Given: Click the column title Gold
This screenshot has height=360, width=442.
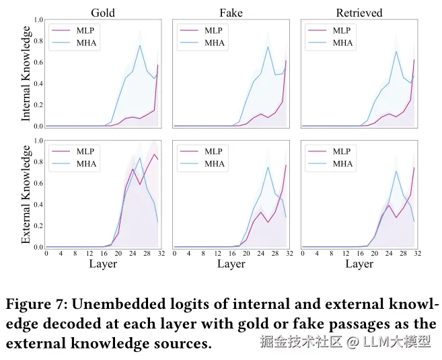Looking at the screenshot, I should click(102, 12).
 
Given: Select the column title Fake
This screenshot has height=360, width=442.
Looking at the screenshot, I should click(231, 12).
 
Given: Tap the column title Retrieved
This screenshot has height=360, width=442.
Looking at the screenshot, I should click(359, 12).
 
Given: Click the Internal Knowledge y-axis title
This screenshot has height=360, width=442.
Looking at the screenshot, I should click(26, 73).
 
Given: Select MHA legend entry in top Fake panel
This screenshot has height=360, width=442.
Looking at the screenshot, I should click(215, 43).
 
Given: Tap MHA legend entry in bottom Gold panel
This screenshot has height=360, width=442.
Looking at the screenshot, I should click(87, 164).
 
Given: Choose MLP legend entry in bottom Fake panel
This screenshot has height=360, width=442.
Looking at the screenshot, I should click(215, 151).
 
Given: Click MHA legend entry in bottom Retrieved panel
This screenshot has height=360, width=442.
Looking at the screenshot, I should click(342, 164).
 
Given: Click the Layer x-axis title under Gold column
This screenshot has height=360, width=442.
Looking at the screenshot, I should click(102, 264).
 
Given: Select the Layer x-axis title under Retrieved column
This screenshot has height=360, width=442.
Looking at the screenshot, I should click(359, 264).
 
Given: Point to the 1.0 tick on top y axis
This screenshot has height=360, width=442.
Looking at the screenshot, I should click(39, 20).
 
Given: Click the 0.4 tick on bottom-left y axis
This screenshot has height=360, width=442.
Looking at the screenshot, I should click(39, 205).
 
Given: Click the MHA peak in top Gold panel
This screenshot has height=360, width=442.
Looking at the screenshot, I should click(140, 46).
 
